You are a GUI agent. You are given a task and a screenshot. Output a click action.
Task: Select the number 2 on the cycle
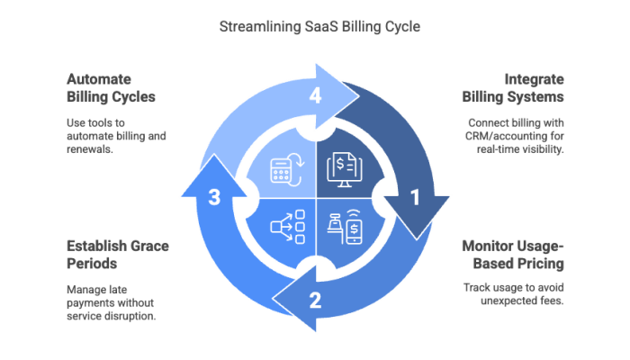(315, 300)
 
